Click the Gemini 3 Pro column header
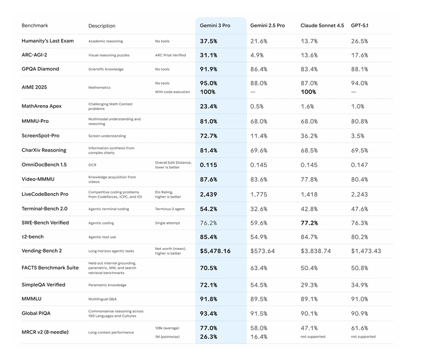coord(215,25)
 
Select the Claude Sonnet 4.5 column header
coord(322,25)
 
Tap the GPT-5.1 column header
coord(360,25)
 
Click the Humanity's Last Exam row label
coord(48,41)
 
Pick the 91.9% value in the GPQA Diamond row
coord(208,69)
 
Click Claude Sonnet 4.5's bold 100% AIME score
coord(308,92)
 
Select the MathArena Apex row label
coord(42,106)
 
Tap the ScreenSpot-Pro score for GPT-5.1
coord(358,136)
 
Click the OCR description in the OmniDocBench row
coord(92,165)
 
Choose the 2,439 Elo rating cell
coord(208,194)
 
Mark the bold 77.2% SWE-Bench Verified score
coord(309,223)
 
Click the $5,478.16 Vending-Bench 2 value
coord(215,251)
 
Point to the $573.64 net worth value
coord(262,251)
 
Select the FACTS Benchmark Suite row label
coord(50,268)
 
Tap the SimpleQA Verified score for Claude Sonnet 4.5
coord(309,285)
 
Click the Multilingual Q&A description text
coord(102,299)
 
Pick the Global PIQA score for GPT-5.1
coord(360,313)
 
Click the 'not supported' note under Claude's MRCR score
coord(313,337)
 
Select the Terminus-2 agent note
coord(169,209)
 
